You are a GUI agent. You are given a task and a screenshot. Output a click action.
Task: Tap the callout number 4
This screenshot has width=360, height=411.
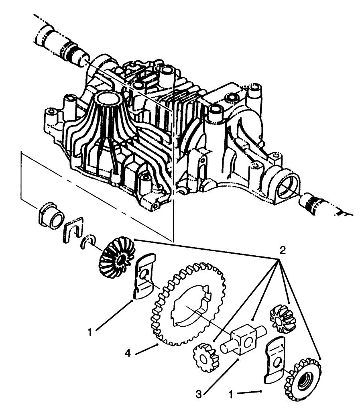click(x=127, y=353)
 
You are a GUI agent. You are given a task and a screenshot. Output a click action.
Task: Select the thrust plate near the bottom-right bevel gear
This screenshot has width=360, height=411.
click(x=275, y=359)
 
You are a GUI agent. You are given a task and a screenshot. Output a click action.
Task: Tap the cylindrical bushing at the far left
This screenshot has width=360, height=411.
click(x=51, y=217)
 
